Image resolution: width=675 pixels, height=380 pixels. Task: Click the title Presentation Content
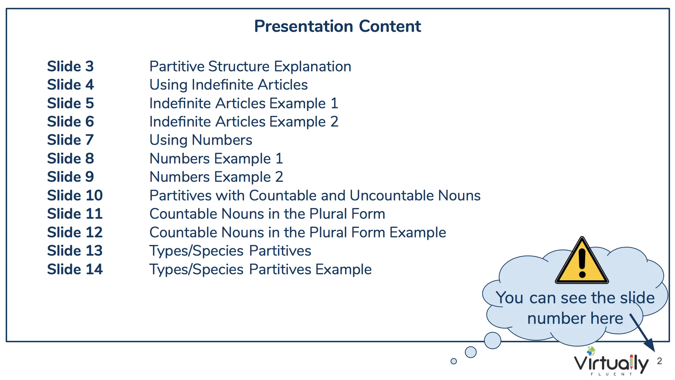337,26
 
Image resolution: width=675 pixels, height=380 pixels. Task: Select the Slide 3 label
70,66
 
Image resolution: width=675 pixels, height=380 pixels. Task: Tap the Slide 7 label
70,140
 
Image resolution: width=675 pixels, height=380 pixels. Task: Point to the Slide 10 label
75,195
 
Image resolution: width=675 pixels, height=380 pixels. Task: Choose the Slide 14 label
75,269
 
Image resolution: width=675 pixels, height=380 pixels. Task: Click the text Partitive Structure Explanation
250,67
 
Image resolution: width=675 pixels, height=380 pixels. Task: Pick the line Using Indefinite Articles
228,85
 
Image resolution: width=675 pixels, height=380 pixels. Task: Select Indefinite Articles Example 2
244,122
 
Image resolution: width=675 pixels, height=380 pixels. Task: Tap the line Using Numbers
201,140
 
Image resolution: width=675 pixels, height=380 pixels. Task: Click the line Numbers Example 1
216,158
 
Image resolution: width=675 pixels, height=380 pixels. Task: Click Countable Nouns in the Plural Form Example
298,233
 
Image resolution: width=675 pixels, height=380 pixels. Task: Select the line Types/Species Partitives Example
261,270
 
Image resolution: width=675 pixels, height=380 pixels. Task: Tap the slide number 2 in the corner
659,361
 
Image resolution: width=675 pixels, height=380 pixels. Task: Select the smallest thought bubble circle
454,361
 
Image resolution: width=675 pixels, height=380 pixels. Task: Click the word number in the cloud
556,318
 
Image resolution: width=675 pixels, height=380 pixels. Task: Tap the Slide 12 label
75,232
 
